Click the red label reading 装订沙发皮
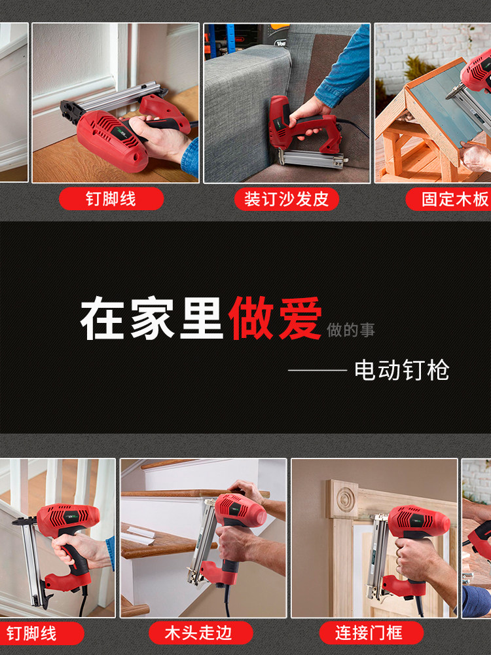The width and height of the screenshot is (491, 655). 287,199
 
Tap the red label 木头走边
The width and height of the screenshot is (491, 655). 200,633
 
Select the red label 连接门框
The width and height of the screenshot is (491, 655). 371,633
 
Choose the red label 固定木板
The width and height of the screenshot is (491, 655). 452,199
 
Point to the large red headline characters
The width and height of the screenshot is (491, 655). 275,319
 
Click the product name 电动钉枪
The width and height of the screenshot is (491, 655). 401,370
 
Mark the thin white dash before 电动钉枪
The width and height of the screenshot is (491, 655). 317,371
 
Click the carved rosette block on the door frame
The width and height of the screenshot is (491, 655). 343,498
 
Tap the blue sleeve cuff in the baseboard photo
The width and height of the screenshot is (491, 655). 191,157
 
